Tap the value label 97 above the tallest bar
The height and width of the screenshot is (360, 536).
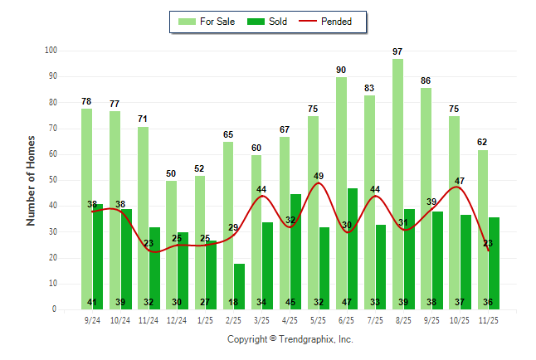pyautogui.click(x=397, y=51)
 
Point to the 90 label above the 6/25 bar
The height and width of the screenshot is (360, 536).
pyautogui.click(x=341, y=70)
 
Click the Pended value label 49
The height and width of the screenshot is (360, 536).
pyautogui.click(x=319, y=176)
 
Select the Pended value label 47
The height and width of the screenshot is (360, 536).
pyautogui.click(x=459, y=181)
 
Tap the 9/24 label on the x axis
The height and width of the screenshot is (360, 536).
pyautogui.click(x=92, y=319)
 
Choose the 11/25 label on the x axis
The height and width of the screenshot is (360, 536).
pyautogui.click(x=488, y=319)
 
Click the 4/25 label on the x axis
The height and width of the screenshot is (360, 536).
pyautogui.click(x=290, y=319)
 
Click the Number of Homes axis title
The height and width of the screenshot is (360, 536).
pyautogui.click(x=32, y=180)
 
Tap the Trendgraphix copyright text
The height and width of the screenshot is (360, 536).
pyautogui.click(x=290, y=339)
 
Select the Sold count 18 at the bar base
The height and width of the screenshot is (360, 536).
pyautogui.click(x=233, y=303)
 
